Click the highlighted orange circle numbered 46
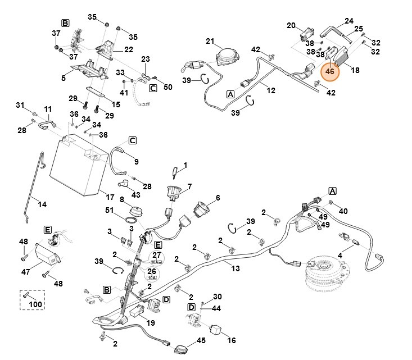(x=330, y=72)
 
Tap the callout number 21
(x=210, y=42)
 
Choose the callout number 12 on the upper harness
(x=270, y=89)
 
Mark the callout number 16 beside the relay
(x=231, y=340)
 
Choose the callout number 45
(x=201, y=341)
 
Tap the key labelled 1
(x=176, y=171)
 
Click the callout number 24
(x=348, y=21)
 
